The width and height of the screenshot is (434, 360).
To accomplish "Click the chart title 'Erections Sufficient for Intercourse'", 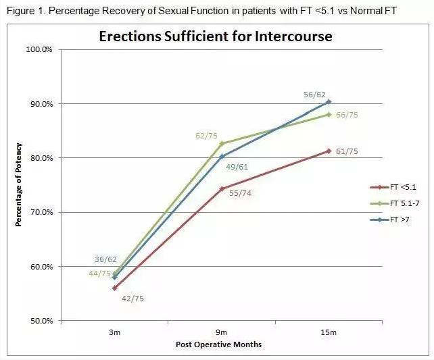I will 216,36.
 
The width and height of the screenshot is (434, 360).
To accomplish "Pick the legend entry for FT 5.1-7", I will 400,203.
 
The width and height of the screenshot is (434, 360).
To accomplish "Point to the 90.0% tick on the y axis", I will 44,104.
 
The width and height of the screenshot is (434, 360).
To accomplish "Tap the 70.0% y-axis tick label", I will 44,212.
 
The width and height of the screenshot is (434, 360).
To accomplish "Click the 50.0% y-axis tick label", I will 44,321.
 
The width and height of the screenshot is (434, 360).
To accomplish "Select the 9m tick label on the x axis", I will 222,332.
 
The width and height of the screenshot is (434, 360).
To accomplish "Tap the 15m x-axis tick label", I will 329,332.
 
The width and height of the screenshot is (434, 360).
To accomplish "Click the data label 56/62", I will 315,95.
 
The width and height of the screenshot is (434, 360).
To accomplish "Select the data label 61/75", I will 347,151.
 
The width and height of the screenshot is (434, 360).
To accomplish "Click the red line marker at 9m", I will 222,188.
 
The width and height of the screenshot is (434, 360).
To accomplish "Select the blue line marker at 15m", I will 329,101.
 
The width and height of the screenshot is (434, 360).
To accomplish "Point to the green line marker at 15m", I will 329,114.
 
